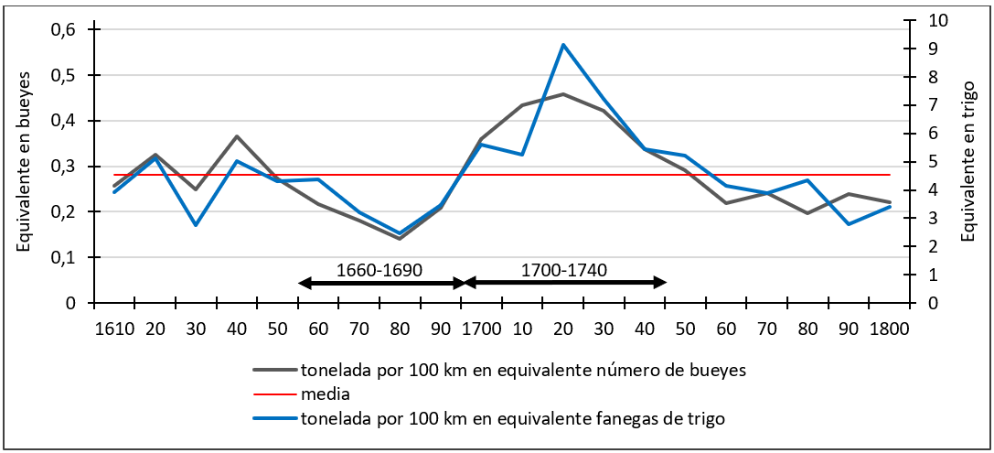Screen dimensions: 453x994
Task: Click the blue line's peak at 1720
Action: [563, 45]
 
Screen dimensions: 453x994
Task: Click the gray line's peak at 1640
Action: [236, 136]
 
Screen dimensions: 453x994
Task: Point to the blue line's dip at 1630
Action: [196, 225]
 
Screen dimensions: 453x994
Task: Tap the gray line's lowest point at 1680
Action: [400, 239]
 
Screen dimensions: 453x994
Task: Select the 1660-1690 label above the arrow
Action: [379, 270]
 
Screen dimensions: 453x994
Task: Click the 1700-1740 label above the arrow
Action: [564, 270]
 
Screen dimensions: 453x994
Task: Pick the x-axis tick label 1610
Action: [114, 328]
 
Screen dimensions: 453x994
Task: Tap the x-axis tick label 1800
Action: [889, 328]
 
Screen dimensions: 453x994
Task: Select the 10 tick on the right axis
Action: [929, 20]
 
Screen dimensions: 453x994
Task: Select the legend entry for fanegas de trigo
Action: [512, 418]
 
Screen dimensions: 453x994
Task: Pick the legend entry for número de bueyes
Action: [521, 370]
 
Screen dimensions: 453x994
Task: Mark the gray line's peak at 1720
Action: [563, 94]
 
